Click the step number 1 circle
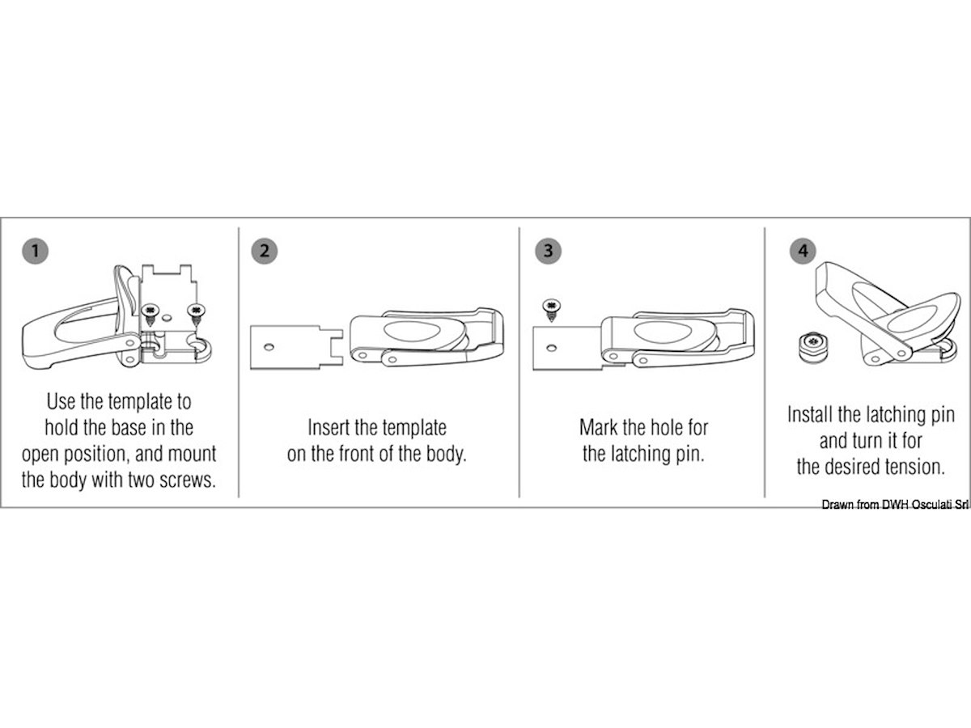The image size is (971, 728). click(x=36, y=251)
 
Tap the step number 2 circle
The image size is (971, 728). click(x=265, y=251)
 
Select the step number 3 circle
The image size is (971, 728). click(x=548, y=251)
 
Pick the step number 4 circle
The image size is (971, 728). click(x=803, y=251)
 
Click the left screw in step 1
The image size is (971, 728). click(x=151, y=315)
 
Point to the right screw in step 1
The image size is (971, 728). click(x=196, y=315)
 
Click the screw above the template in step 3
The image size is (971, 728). click(x=551, y=311)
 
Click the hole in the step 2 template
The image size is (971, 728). click(x=269, y=347)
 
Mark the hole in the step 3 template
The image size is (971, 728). click(x=551, y=348)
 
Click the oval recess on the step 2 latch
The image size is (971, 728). click(x=410, y=331)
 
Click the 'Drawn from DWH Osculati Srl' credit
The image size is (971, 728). click(x=895, y=505)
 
